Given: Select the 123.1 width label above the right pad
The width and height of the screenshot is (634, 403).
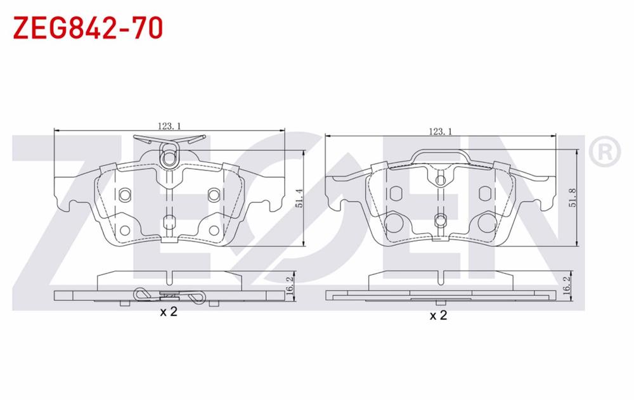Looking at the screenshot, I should tap(440, 131).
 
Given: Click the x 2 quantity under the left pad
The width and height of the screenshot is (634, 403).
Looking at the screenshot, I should tap(167, 312).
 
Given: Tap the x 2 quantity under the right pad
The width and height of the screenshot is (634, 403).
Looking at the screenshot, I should tap(438, 315).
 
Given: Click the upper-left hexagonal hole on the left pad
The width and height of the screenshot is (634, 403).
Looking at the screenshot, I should tap(125, 194).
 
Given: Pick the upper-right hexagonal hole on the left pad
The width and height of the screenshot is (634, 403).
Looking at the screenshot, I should tap(213, 194).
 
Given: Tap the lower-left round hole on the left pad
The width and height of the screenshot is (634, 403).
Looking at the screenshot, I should tap(126, 231).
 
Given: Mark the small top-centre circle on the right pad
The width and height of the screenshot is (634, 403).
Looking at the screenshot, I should tap(440, 181).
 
